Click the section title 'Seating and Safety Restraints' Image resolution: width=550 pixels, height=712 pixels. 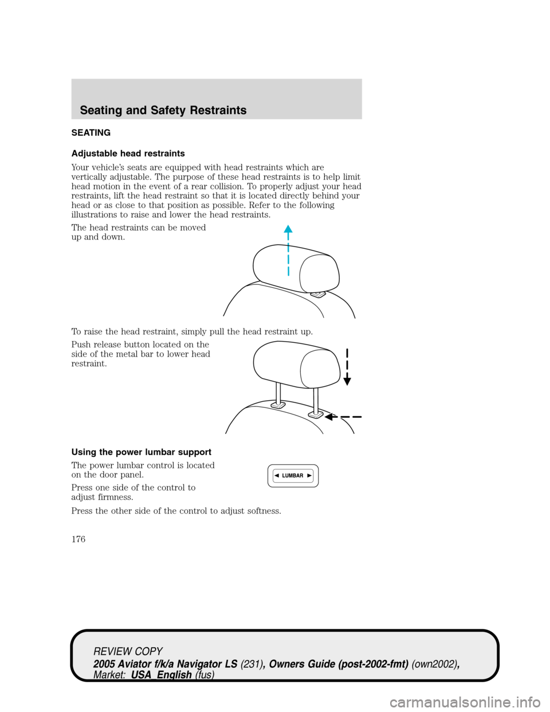163,110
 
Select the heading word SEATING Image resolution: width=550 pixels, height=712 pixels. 91,132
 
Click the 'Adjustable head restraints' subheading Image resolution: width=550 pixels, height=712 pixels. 128,154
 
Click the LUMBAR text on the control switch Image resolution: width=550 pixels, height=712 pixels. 293,476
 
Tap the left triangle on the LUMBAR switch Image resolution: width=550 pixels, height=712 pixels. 276,476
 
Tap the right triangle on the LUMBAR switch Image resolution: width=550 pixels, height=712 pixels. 309,476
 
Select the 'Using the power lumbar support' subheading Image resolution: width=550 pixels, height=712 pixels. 141,452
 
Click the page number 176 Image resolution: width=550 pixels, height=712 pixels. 78,539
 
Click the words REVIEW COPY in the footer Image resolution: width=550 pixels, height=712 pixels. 128,651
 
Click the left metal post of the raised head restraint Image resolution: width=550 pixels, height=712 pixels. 278,393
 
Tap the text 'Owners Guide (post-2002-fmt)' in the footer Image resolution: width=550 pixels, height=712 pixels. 339,663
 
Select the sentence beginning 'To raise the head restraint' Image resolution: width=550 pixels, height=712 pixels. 192,331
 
